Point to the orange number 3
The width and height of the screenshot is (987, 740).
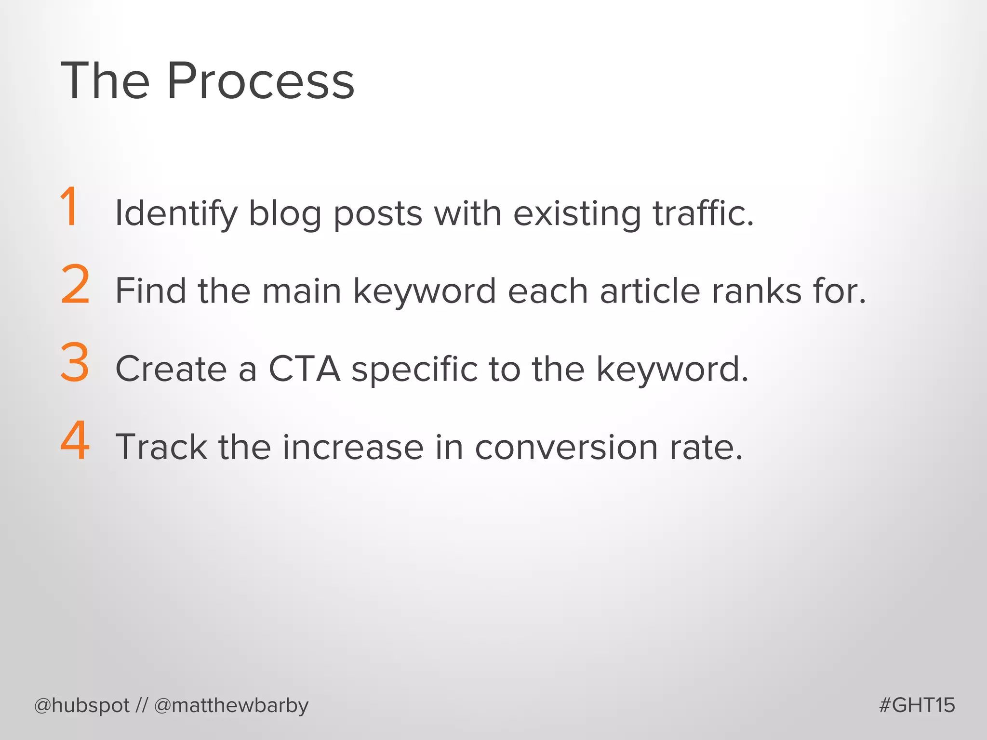pos(75,362)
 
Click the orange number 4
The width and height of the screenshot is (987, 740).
pos(75,440)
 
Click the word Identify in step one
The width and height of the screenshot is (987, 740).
pos(176,213)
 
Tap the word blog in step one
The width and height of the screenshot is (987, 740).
pos(285,213)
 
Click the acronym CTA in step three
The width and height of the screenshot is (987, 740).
pos(304,369)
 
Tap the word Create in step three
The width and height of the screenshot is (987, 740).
pos(171,369)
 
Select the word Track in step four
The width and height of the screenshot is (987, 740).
pos(161,447)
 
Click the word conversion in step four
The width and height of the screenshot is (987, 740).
pos(566,447)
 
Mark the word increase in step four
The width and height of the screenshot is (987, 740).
pos(353,447)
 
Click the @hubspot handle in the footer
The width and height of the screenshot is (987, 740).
pos(82,706)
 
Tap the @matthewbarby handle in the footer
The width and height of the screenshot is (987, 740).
pos(231,706)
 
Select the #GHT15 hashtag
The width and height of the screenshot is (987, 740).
pos(917,705)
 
